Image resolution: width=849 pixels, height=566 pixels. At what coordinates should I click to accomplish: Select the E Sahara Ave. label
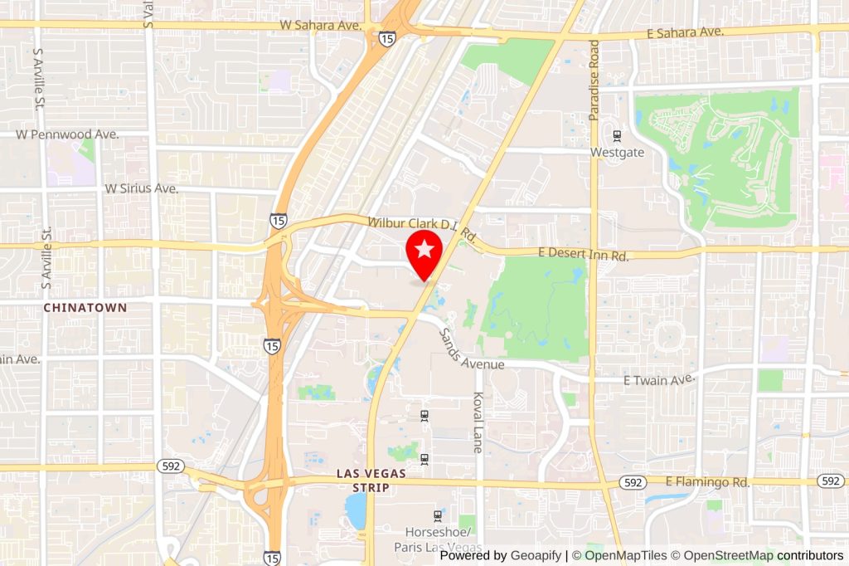[x=686, y=32]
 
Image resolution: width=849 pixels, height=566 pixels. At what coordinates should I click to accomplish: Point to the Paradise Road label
[x=594, y=81]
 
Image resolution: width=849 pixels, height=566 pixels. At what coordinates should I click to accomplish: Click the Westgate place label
[x=617, y=153]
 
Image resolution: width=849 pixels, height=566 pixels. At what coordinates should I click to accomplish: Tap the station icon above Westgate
[x=617, y=136]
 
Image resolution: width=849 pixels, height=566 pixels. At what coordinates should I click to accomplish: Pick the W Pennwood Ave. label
[x=68, y=134]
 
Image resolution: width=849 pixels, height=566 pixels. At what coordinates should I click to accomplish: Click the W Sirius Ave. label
[x=141, y=188]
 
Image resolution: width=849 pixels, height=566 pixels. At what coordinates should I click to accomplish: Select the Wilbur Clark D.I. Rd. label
[x=423, y=227]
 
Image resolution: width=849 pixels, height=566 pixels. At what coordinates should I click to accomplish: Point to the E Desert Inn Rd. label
[x=585, y=255]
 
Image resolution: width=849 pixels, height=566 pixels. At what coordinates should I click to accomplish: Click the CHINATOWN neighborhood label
[x=85, y=307]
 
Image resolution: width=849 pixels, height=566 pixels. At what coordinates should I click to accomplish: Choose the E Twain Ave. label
[x=657, y=379]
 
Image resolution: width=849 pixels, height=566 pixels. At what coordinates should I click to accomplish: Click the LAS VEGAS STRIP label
[x=372, y=480]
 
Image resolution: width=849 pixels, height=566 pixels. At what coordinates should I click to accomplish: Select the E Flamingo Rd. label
[x=707, y=481]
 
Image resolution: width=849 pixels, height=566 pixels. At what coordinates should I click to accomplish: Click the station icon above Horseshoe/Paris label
[x=439, y=516]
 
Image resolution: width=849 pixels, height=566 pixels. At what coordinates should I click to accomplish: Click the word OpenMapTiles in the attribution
[x=625, y=555]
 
